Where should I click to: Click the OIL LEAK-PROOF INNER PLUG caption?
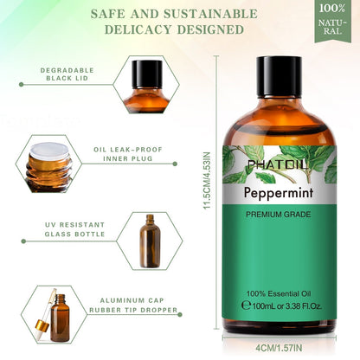pos(128,152)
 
